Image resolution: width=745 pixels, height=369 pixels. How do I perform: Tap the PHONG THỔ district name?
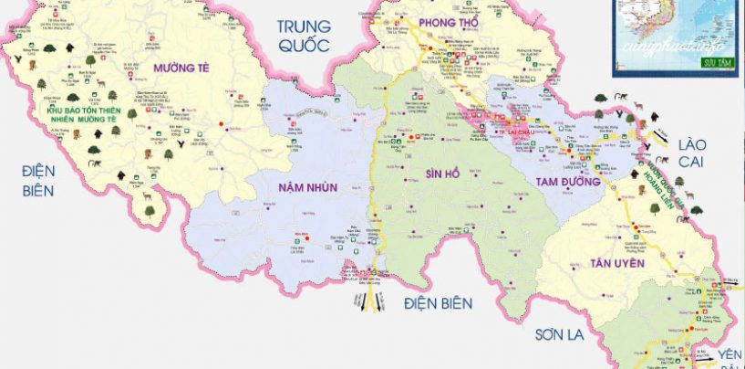coord(449,22)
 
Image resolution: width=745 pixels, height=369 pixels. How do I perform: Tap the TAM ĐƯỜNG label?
coord(563,183)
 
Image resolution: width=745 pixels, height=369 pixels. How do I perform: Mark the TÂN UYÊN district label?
coord(616,263)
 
